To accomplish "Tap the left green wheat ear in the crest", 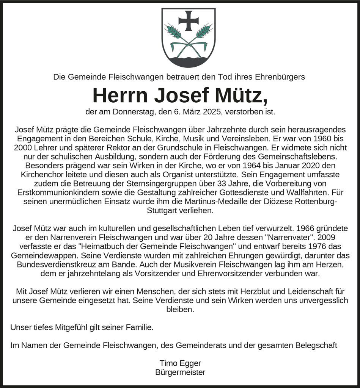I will click(173, 31).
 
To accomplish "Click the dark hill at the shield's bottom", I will click(189, 61).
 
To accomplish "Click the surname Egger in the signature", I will click(190, 363).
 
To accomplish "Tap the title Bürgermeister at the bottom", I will click(180, 372).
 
